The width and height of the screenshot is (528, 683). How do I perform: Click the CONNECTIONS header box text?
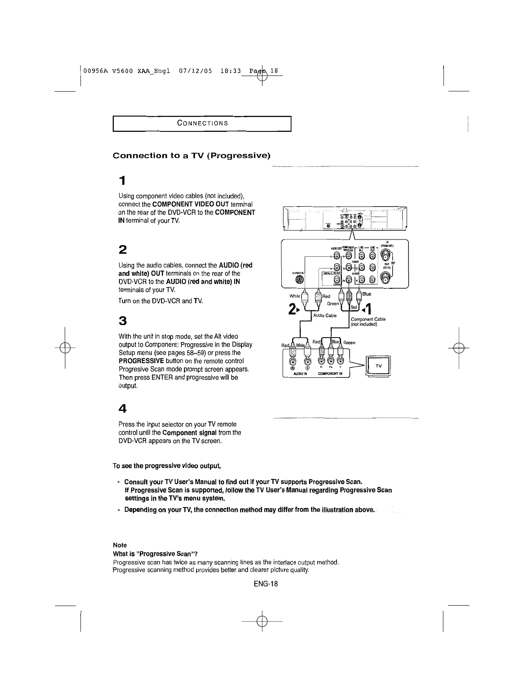point(203,123)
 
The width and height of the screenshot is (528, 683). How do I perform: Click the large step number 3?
point(123,321)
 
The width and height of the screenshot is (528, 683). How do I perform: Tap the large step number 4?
point(123,408)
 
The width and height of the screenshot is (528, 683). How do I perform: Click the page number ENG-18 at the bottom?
point(265,584)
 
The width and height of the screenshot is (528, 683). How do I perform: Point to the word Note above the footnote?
point(119,545)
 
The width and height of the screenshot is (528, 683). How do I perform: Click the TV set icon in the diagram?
point(378,366)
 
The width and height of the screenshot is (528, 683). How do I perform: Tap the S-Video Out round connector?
point(299,279)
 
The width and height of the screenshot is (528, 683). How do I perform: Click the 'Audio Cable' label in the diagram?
point(325,315)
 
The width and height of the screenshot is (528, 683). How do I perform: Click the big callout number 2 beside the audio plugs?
point(294,308)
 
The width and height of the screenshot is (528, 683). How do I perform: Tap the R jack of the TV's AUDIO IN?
point(293,361)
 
